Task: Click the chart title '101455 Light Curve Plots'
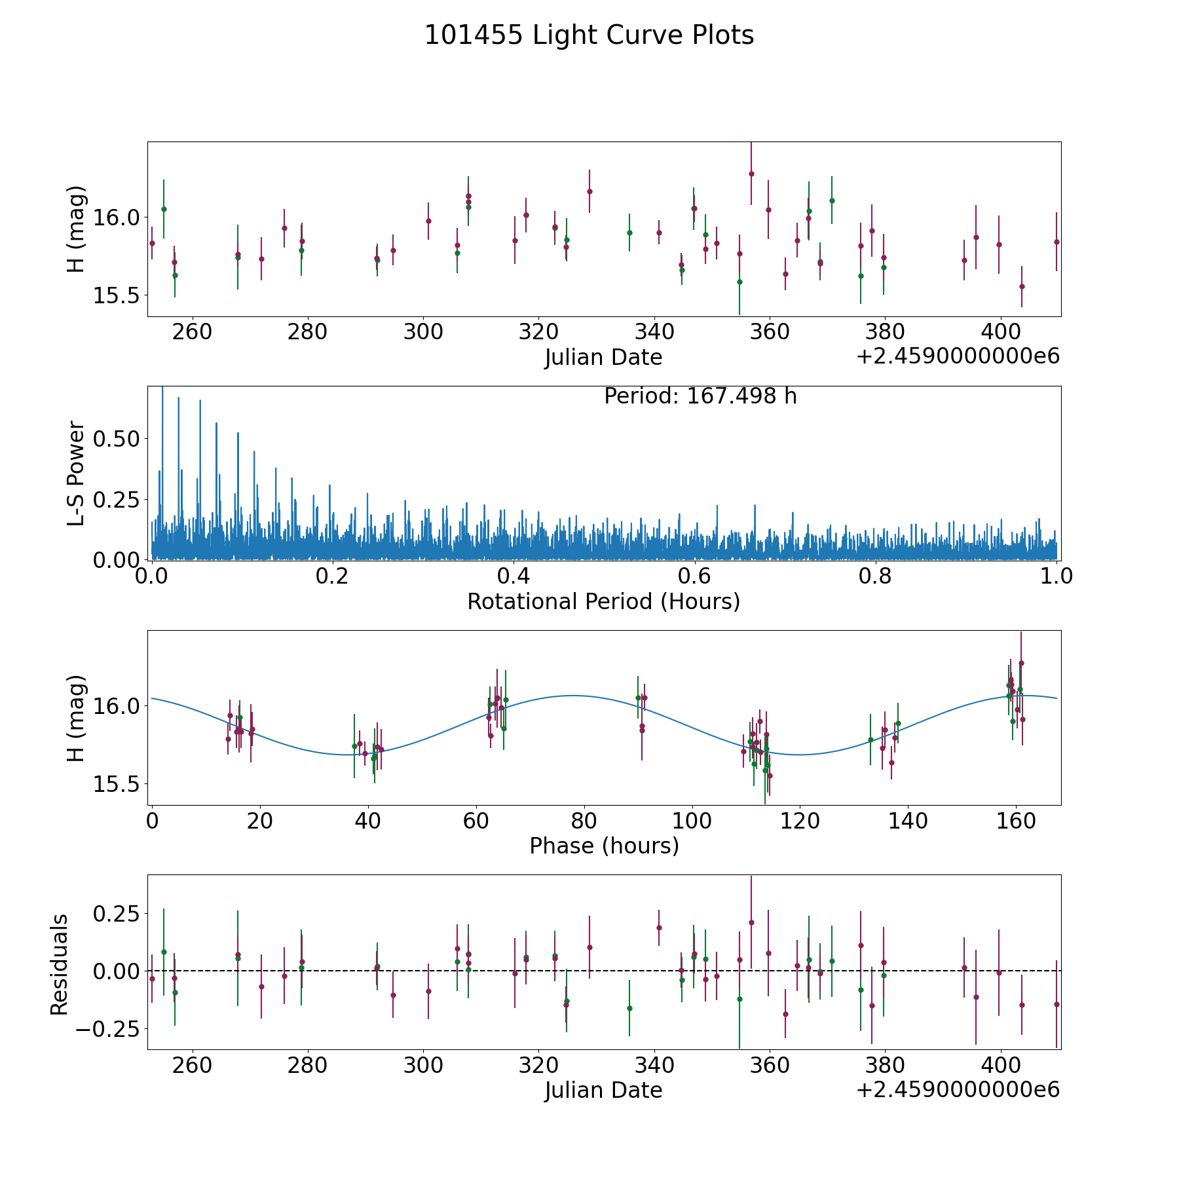[589, 35]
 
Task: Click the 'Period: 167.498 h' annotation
[700, 396]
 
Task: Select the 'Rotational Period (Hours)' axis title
[603, 601]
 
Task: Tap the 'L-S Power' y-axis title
[76, 473]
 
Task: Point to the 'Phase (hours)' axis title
[604, 846]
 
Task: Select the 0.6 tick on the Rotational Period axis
[694, 576]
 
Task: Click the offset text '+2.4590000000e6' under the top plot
[958, 357]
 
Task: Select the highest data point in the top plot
[751, 174]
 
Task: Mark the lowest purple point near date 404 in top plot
[1022, 286]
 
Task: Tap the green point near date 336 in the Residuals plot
[629, 1008]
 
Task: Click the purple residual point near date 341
[659, 927]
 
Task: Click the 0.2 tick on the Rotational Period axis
[332, 576]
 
